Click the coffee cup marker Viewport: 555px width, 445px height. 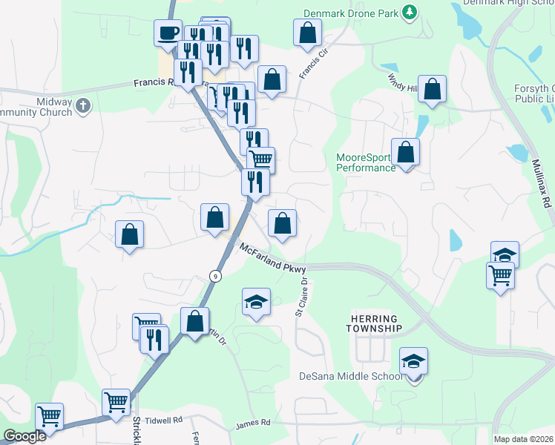pos(167,33)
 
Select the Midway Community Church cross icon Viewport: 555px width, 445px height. pos(82,106)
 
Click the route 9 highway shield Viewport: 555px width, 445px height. pos(215,276)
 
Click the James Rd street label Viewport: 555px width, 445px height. pos(253,424)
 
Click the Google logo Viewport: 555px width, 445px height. pos(24,436)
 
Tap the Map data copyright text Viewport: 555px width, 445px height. pos(522,439)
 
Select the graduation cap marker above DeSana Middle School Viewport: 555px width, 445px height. pos(414,361)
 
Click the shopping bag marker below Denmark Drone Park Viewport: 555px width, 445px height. pos(307,33)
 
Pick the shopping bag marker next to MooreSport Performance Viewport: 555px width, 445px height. pos(405,153)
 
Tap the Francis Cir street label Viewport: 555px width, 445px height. pos(313,65)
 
